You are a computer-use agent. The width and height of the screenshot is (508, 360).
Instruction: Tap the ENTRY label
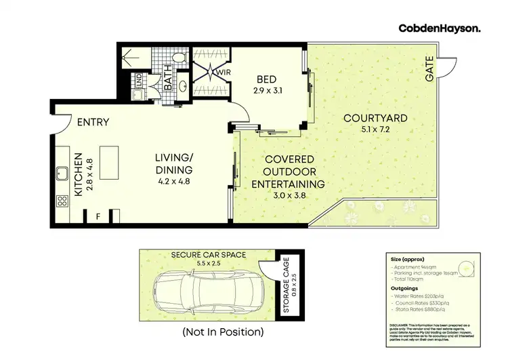(93, 122)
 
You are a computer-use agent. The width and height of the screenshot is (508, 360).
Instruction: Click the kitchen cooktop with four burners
(62, 201)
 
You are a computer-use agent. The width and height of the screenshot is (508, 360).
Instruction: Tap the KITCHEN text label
(78, 174)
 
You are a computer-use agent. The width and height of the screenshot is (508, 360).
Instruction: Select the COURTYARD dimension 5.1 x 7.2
(375, 132)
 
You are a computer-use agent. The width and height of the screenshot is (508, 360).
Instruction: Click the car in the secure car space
(203, 291)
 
